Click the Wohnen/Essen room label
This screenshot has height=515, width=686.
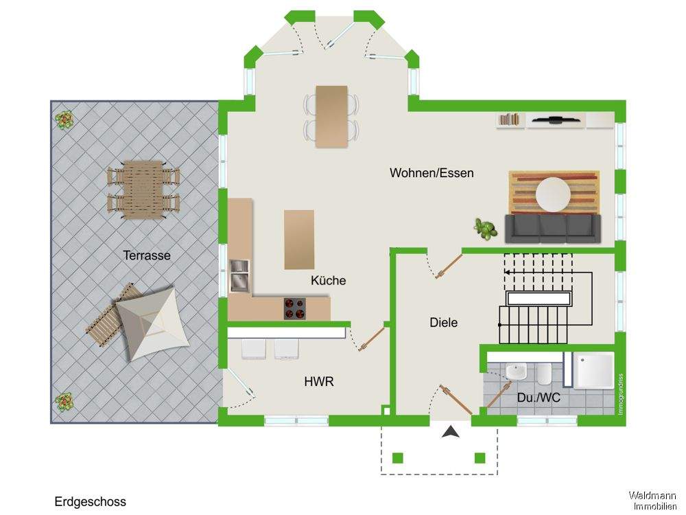pos(431,173)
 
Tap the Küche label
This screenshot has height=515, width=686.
pos(328,280)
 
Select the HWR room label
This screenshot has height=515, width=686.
pos(319,381)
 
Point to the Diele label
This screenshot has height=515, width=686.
pos(443,322)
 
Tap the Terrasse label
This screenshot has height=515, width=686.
pos(147,255)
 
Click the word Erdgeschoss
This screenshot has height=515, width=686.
pos(90,502)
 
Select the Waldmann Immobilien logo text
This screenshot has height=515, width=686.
pos(652,501)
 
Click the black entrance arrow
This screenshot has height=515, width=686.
pos(450,431)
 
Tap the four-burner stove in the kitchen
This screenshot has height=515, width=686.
pos(296,308)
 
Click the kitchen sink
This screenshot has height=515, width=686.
pos(239,276)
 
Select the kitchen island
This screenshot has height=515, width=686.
pos(299,239)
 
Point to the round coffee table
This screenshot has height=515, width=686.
pos(553,194)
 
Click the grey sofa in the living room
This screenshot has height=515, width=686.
pos(553,229)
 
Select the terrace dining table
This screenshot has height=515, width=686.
pos(143,189)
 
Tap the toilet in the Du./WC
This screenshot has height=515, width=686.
pos(543,374)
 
